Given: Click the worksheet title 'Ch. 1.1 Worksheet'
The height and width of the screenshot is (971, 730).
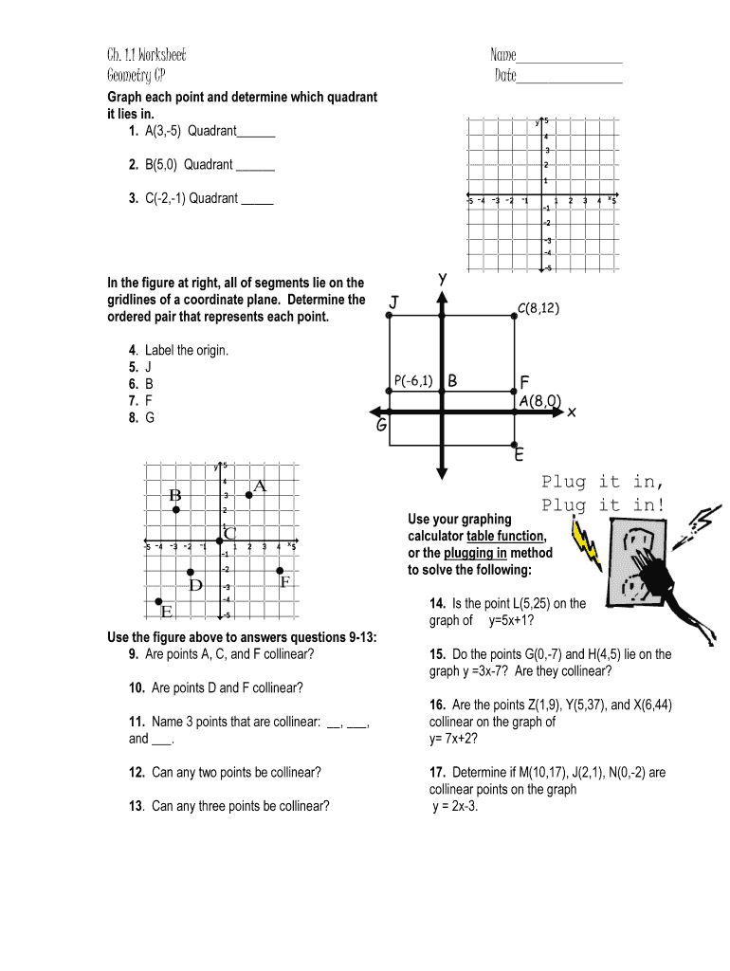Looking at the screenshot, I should click(146, 55).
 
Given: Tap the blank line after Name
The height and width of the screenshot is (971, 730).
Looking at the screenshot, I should click(569, 60).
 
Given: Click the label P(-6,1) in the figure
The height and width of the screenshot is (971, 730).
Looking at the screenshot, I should click(413, 381).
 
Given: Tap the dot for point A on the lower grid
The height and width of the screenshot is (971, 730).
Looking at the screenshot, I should click(249, 494).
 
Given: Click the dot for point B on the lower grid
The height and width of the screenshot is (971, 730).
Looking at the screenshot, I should click(176, 510).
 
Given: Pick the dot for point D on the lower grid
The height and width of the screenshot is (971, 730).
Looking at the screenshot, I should click(191, 572).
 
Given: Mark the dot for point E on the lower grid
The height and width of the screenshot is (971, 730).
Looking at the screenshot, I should click(158, 601).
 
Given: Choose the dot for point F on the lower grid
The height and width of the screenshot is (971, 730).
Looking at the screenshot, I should click(279, 571).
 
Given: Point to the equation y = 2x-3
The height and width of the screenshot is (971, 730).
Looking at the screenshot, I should click(456, 807).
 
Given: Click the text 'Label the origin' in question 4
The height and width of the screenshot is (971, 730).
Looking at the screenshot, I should click(186, 351).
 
